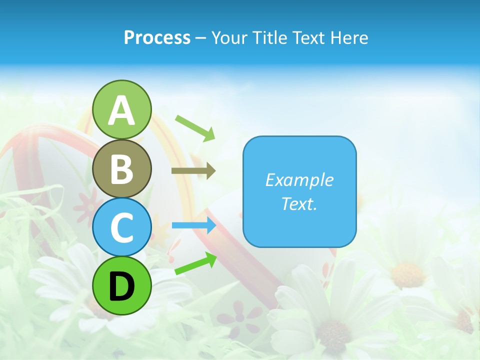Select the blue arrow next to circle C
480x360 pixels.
click(193, 225)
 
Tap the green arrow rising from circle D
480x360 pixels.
click(195, 263)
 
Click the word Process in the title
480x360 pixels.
click(157, 38)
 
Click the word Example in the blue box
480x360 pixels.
click(299, 180)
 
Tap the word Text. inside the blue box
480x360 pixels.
click(299, 203)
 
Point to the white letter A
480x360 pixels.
click(122, 110)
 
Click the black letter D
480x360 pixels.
click(122, 286)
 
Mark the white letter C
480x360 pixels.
click(122, 227)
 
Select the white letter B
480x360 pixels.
click(122, 169)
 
